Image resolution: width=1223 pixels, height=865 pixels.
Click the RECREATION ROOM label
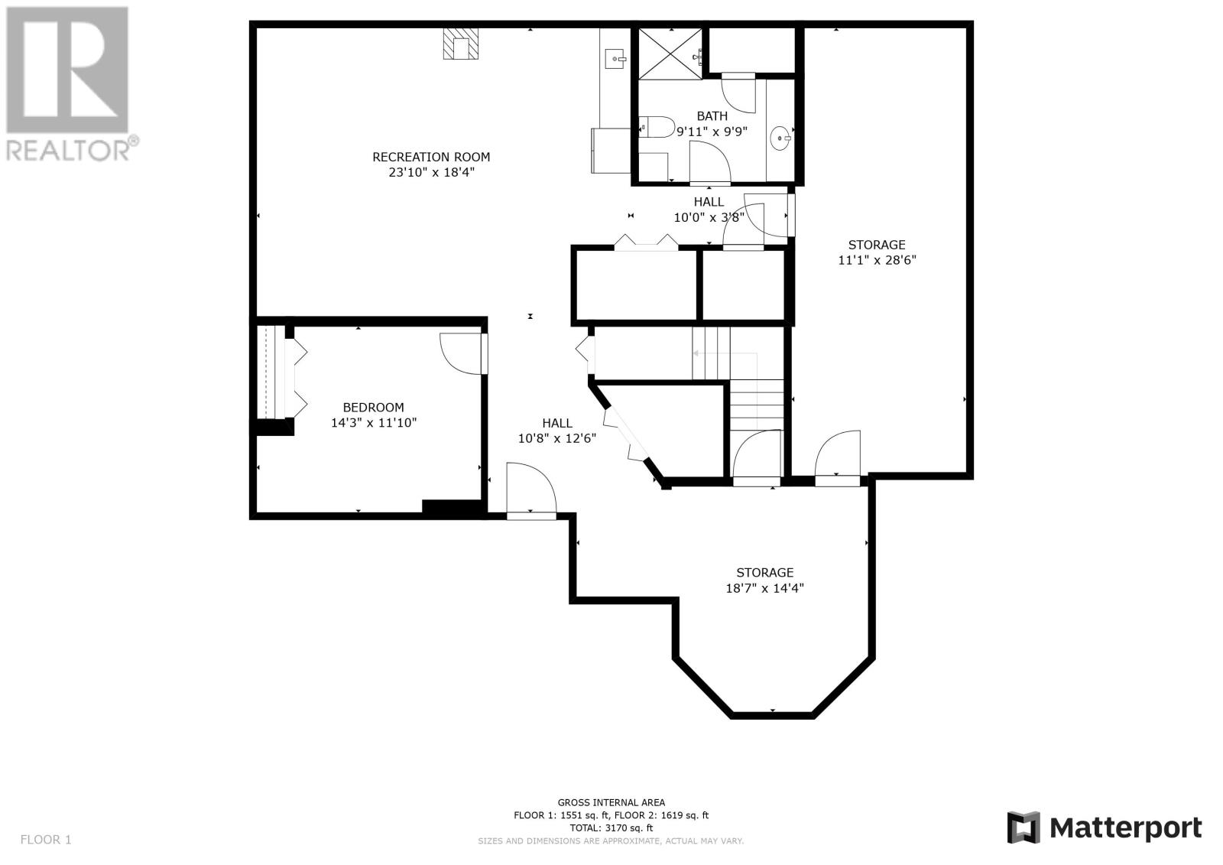coord(431,158)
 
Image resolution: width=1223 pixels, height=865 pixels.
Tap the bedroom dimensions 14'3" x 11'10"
coord(374,422)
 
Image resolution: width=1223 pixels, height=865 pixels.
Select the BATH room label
coord(712,115)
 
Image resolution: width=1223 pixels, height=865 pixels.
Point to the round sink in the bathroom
coord(780,138)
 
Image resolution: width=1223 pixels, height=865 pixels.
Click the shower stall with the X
coord(670,54)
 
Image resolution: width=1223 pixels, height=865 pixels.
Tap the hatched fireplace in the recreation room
coord(460,43)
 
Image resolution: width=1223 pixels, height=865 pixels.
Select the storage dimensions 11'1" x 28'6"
coord(877,260)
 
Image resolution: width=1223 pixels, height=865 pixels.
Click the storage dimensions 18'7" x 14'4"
coord(764,588)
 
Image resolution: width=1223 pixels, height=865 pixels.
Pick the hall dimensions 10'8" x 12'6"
coord(557,438)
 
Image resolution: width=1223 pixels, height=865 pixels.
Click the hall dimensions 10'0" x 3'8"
coord(709,217)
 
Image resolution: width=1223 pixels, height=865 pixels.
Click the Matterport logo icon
coord(1024,828)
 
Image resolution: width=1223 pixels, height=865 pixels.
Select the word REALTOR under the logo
coord(68,151)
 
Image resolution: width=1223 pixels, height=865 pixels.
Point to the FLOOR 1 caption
coord(46,840)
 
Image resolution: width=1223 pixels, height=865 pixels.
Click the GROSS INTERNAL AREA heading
coord(611,803)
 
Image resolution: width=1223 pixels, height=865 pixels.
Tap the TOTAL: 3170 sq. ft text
coord(611,828)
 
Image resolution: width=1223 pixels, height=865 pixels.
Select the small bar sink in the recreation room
coord(617,58)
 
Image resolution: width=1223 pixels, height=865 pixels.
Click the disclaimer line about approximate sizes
coord(611,841)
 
